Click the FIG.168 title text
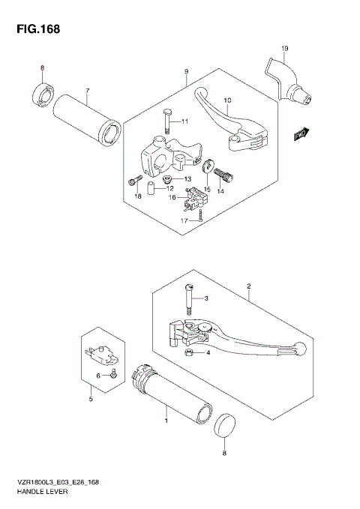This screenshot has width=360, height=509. (x=34, y=29)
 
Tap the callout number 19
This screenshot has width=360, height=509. (x=284, y=49)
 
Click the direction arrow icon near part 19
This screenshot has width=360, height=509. (x=302, y=133)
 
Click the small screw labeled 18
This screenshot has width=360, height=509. (x=134, y=181)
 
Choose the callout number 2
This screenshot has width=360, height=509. (x=247, y=286)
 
